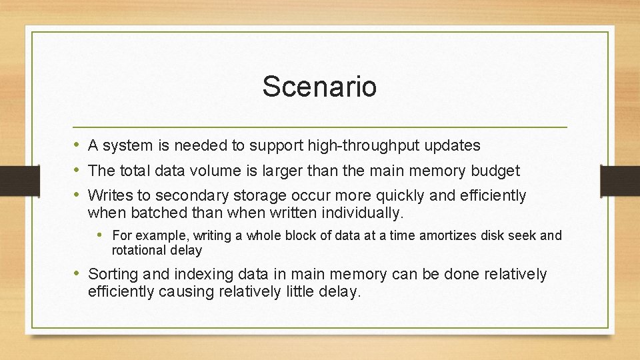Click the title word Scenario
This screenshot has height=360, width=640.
point(319,87)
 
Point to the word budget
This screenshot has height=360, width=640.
point(495,171)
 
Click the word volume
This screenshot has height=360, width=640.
point(212,171)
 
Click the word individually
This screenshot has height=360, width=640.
point(363,213)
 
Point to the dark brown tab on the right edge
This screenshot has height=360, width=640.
point(619,179)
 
